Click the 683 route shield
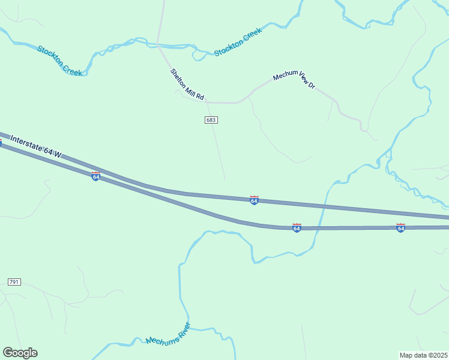(x=211, y=120)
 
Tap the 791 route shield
(x=14, y=282)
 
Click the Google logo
(x=20, y=353)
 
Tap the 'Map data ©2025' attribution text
(x=423, y=355)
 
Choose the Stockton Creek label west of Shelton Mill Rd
(x=59, y=60)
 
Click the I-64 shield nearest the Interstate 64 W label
(x=95, y=176)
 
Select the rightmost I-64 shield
(x=400, y=228)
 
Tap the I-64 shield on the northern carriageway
(x=254, y=200)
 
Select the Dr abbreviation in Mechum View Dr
(x=312, y=85)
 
